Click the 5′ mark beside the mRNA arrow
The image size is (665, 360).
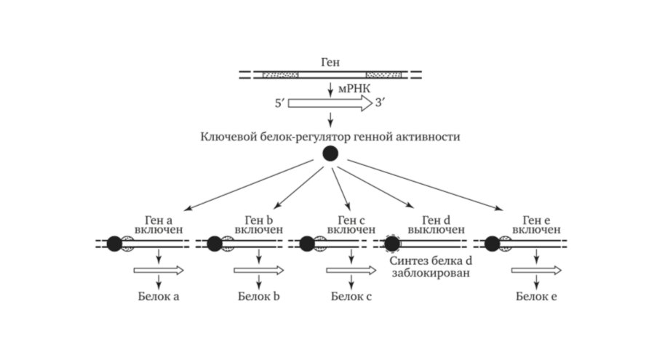point(280,103)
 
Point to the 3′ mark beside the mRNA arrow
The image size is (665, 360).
point(381,103)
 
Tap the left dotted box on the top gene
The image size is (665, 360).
point(279,74)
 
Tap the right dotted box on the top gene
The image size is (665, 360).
point(383,74)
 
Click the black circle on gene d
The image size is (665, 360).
point(392,243)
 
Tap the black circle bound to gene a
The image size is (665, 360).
point(114,244)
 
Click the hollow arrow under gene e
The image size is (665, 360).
point(535,271)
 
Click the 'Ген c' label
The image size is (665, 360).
point(351,219)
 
